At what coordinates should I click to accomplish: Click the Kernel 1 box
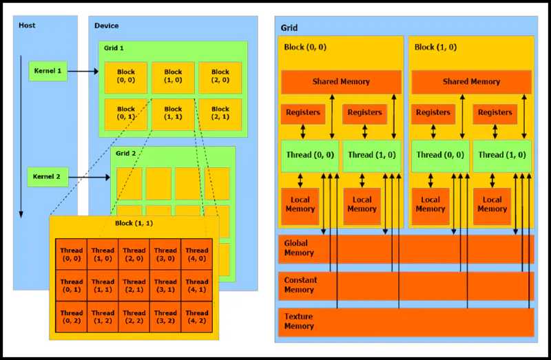pos(48,71)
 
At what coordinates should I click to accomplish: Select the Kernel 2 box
pos(48,177)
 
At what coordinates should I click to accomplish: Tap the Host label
pos(27,25)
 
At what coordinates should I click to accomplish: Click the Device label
pos(107,26)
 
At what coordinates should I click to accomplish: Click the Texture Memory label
pos(299,321)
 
